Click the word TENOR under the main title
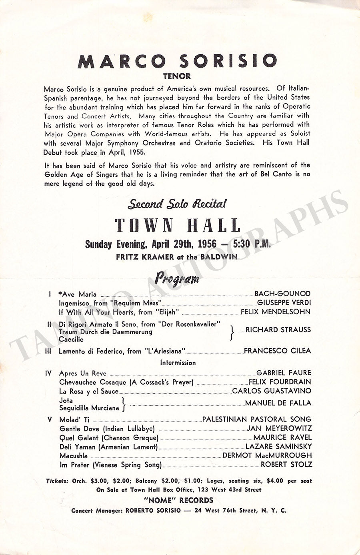point(177,76)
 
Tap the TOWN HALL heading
point(178,226)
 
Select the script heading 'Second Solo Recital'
point(177,204)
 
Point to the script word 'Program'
point(177,278)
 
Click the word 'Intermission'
point(178,363)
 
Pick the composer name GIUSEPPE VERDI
point(284,303)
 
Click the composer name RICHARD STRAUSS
point(278,330)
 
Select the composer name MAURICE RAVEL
point(282,437)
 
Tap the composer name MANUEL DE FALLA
point(278,403)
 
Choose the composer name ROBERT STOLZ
point(286,465)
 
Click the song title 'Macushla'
point(74,455)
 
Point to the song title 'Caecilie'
point(71,339)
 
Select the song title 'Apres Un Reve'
point(83,373)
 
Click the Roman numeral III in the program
point(50,351)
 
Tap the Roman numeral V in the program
point(50,419)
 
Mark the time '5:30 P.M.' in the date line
point(252,244)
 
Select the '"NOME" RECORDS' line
point(178,500)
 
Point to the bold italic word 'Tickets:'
point(57,481)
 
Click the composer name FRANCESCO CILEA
point(277,351)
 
